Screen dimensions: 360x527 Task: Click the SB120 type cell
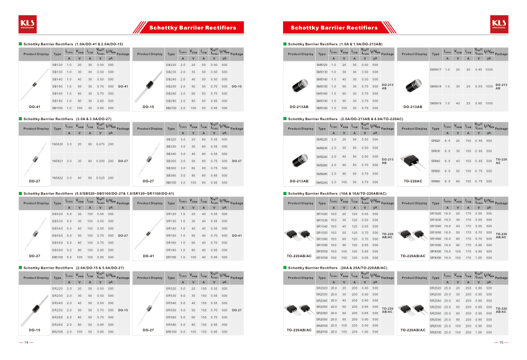click(57, 64)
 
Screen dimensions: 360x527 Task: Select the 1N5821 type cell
click(57, 161)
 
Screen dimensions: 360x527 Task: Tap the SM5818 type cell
click(435, 86)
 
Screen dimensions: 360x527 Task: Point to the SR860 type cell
click(435, 181)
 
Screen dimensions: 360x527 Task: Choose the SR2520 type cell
click(435, 288)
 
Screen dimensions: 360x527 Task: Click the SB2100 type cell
click(171, 108)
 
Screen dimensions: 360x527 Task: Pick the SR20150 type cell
click(321, 332)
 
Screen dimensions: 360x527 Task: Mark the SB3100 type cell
click(171, 182)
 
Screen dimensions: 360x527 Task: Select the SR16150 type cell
click(435, 258)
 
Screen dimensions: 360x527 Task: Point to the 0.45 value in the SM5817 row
click(478, 69)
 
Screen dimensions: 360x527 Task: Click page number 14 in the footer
click(26, 342)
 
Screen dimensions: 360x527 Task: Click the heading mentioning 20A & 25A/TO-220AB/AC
click(338, 268)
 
